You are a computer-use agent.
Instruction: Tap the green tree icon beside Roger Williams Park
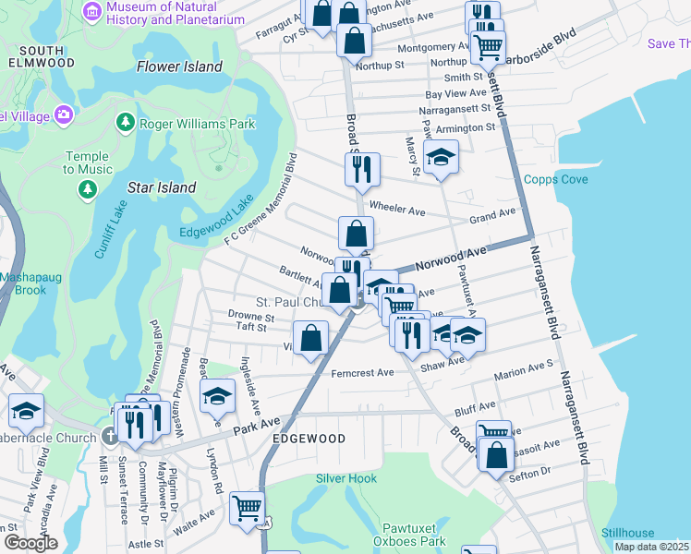click(125, 123)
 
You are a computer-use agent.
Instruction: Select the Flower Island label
click(179, 66)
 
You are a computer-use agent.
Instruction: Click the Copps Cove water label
click(555, 179)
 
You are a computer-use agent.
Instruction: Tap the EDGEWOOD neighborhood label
click(309, 439)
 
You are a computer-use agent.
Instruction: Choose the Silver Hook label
click(346, 478)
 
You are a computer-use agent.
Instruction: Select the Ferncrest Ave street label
click(362, 372)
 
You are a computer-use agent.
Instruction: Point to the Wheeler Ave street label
click(397, 211)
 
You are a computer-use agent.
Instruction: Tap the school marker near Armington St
click(442, 157)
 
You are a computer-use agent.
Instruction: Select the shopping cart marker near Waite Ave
click(248, 508)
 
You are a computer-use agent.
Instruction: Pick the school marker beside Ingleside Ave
click(218, 395)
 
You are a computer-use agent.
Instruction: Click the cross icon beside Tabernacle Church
click(110, 438)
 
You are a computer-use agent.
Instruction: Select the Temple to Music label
click(88, 163)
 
